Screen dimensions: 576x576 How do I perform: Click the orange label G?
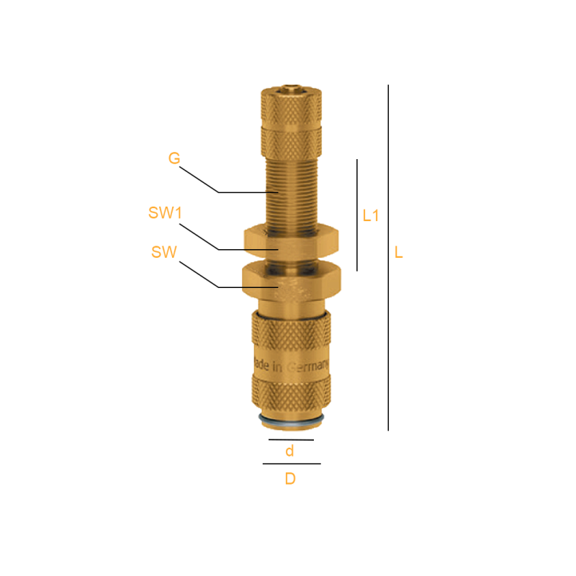click(174, 158)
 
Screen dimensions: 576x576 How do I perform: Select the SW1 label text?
click(165, 212)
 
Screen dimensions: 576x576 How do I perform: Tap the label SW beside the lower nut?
click(164, 252)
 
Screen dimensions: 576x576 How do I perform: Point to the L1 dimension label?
click(370, 215)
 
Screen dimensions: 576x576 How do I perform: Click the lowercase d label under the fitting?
click(290, 451)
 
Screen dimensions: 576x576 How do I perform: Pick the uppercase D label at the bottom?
click(290, 478)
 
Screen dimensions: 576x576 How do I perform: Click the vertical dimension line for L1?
click(357, 215)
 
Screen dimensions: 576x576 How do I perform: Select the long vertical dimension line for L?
click(388, 258)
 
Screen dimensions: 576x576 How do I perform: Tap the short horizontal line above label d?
click(291, 440)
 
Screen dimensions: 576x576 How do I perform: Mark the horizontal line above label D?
click(292, 464)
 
